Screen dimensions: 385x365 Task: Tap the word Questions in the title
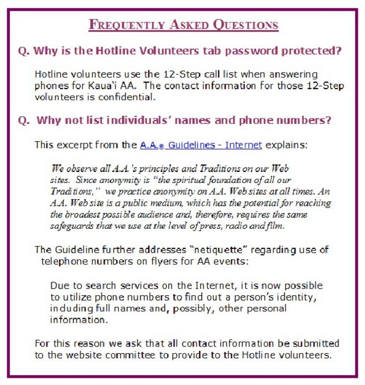pos(246,25)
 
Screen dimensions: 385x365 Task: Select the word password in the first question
pos(250,51)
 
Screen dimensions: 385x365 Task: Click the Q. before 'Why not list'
pos(23,120)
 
